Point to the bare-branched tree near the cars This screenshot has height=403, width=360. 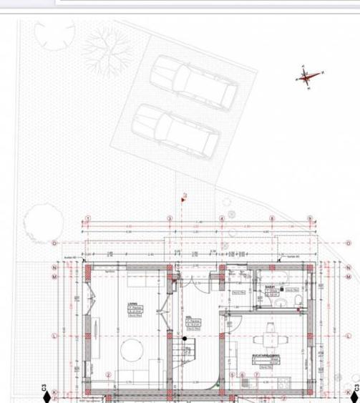click(x=109, y=54)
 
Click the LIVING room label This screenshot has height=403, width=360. click(x=133, y=304)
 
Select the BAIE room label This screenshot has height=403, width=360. click(x=270, y=286)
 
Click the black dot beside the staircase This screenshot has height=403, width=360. click(x=184, y=339)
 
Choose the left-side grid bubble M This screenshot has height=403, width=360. click(x=54, y=276)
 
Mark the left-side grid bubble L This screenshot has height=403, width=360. click(x=54, y=335)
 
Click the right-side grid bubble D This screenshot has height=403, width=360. click(x=350, y=243)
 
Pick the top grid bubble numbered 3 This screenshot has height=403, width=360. click(x=170, y=218)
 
